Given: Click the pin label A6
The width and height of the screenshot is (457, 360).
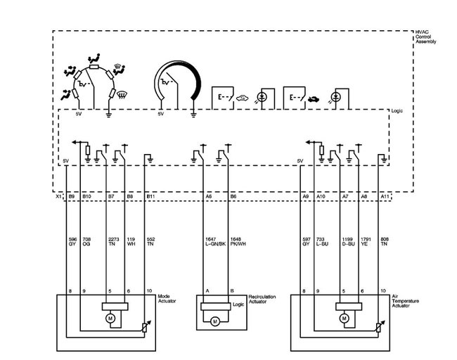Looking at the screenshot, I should pyautogui.click(x=209, y=197).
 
